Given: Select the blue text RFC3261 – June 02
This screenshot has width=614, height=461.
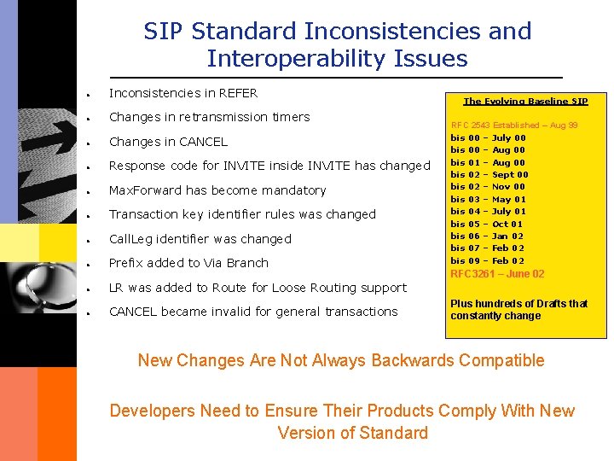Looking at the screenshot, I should [497, 274].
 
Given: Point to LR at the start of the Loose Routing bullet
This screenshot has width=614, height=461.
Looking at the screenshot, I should [117, 288].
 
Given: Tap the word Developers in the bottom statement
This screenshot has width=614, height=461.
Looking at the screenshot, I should [152, 411].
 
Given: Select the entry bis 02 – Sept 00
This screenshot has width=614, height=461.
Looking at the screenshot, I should [489, 174].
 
